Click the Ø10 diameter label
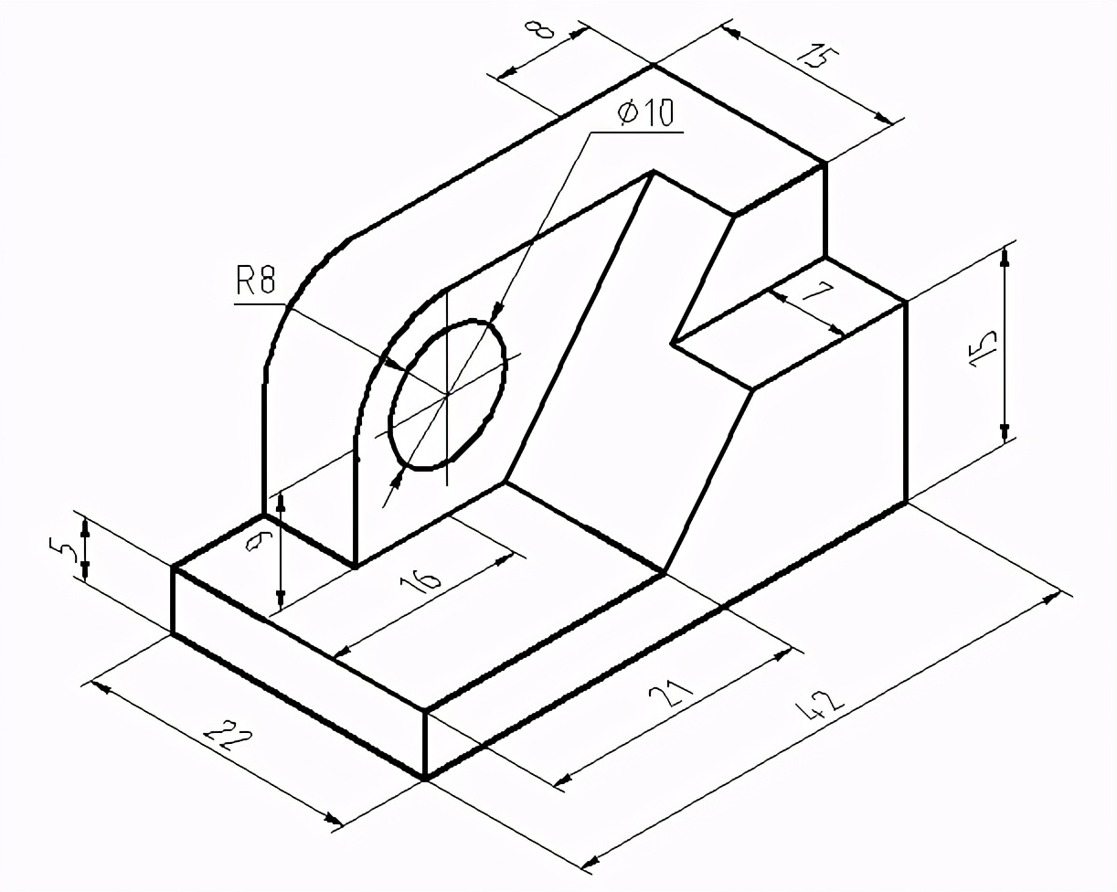click(645, 113)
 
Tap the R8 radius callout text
click(255, 281)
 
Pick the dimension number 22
click(229, 741)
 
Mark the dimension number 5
click(62, 551)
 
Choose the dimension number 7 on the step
click(816, 297)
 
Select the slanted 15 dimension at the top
click(816, 57)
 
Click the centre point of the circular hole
click(447, 395)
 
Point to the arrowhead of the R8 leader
click(395, 366)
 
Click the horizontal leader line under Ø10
click(637, 133)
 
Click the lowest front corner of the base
click(425, 778)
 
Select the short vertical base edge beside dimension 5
click(173, 600)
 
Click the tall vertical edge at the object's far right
click(906, 402)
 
